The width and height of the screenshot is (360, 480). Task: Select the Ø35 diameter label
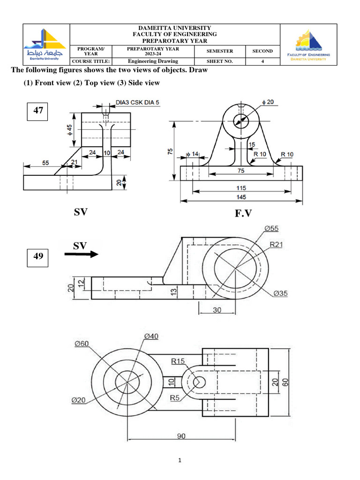pos(279,293)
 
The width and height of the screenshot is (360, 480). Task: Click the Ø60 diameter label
pos(82,344)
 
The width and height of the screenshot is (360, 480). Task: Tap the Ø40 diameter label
pos(151,336)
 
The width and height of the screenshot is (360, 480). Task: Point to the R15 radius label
pos(178,361)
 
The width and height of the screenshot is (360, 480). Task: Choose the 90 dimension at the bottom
pos(181,436)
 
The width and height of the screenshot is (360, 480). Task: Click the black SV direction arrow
pos(81,255)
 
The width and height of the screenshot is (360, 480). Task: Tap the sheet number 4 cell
pos(262,61)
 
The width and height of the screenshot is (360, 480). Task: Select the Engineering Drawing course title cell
pos(153,61)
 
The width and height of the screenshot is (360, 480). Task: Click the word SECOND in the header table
pos(262,51)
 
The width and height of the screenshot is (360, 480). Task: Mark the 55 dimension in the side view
pos(45,163)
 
